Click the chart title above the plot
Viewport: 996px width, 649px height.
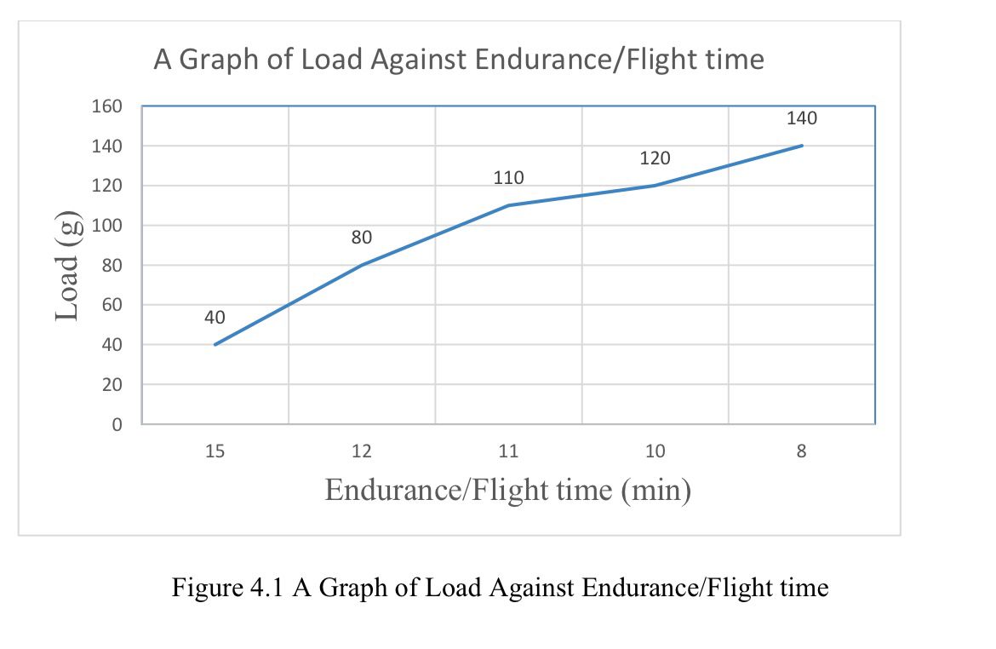pos(458,60)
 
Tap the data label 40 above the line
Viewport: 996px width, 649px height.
pos(215,318)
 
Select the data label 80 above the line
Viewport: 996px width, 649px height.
pos(362,238)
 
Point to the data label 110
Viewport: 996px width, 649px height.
pos(508,178)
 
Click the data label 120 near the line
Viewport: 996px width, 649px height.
pos(655,158)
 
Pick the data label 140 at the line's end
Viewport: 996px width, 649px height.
pos(802,118)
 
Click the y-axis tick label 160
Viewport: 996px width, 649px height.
pos(107,106)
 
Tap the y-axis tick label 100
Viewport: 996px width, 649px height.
pos(107,226)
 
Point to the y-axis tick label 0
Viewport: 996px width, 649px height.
pos(117,424)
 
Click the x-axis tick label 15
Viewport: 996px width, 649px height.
pos(215,451)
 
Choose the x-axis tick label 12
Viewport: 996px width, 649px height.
pos(362,451)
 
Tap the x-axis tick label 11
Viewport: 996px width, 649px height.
pos(508,451)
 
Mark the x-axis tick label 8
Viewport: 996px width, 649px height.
pos(801,451)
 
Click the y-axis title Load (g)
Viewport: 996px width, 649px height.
pos(69,266)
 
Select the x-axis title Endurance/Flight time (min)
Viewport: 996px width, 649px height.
pos(507,490)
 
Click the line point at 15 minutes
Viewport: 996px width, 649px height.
pos(215,344)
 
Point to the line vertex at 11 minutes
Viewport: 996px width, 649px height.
pos(508,205)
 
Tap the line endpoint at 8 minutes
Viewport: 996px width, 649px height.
pos(802,146)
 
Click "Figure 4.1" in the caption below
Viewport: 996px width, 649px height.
pos(229,588)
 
